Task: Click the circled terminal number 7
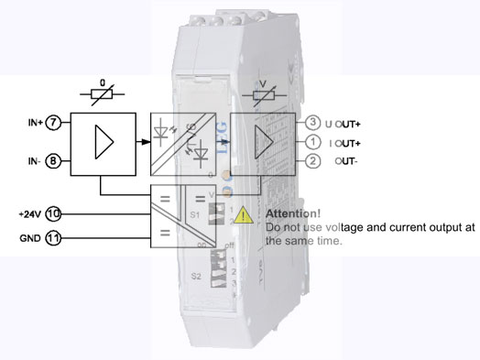54,122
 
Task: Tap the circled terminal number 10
54,213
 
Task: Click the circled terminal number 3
312,122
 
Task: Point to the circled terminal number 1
312,142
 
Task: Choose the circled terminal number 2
312,162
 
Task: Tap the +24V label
29,213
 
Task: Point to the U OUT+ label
344,123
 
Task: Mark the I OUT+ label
346,143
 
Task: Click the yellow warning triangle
244,216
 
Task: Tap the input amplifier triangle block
103,143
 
